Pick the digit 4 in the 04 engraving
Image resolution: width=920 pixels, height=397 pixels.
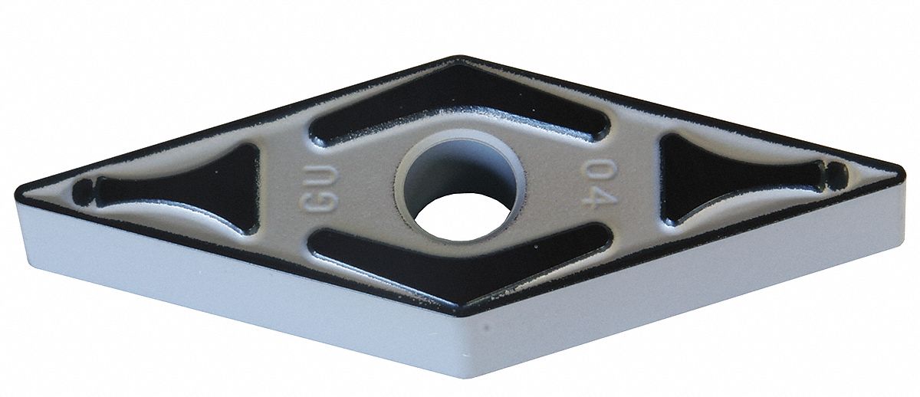point(595,197)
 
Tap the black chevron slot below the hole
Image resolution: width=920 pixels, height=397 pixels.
point(460,261)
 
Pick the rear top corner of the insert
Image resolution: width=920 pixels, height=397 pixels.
point(460,58)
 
